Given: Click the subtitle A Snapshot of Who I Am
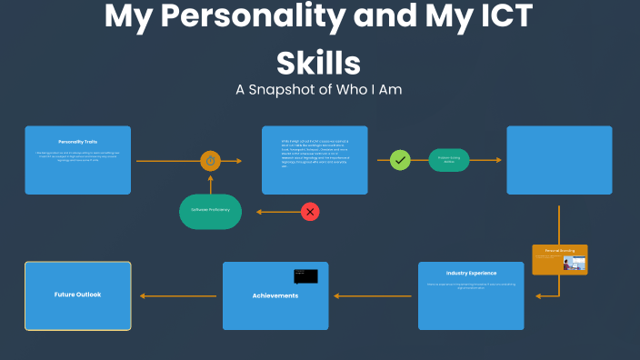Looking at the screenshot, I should (x=318, y=90).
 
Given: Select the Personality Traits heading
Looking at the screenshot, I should (x=77, y=142).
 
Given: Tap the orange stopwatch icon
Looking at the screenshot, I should (x=211, y=161).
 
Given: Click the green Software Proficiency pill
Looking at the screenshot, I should (x=210, y=210).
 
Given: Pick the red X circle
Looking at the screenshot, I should (x=311, y=212).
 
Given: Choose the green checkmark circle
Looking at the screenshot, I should (x=401, y=160).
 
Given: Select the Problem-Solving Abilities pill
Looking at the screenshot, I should (x=449, y=159).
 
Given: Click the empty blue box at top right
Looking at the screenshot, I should (x=559, y=160).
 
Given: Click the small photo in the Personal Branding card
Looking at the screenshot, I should (x=574, y=263).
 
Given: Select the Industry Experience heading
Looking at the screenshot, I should (x=471, y=273).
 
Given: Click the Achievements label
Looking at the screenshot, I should (x=275, y=295).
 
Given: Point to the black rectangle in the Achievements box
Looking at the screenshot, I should (x=305, y=275).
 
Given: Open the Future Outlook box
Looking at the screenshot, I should (x=77, y=295).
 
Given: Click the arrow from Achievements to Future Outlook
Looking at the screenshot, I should (x=177, y=295).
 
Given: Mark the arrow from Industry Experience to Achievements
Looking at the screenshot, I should (x=374, y=295).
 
